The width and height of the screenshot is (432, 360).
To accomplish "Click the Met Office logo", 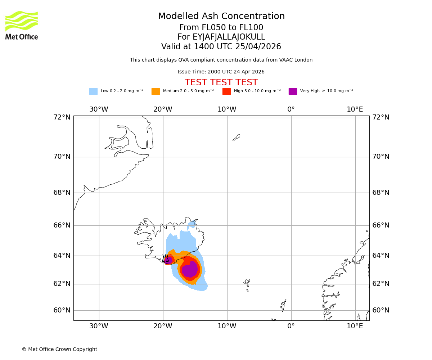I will tap(22, 25).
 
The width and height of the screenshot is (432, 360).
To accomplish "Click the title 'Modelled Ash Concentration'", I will tap(221, 17).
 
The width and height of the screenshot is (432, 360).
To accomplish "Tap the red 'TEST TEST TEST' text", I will tap(221, 83).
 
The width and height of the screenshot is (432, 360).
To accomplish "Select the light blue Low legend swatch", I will tap(93, 91).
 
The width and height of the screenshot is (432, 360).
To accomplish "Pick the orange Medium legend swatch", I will tap(156, 91).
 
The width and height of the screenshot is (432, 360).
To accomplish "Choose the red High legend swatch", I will tap(226, 91).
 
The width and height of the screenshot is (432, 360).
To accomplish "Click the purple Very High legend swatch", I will tap(293, 91).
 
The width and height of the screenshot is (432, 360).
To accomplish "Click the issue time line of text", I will tap(221, 72).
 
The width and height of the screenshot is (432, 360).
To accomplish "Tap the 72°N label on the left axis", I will tap(62, 117).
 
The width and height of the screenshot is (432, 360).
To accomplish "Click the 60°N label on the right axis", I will tap(381, 310).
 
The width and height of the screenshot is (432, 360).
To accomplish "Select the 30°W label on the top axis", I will tap(99, 109).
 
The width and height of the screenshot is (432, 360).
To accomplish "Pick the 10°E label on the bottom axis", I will tap(355, 326).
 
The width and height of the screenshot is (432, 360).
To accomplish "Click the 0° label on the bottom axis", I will tap(291, 326).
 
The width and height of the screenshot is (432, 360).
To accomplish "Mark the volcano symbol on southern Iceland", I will tap(166, 258).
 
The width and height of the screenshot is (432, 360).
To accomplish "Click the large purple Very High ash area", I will tap(190, 269).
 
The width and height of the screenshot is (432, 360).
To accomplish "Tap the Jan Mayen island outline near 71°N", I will tap(237, 138).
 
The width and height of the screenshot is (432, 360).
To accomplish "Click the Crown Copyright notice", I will tap(59, 350).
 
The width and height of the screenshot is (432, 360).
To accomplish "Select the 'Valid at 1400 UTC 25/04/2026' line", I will tap(221, 47).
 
